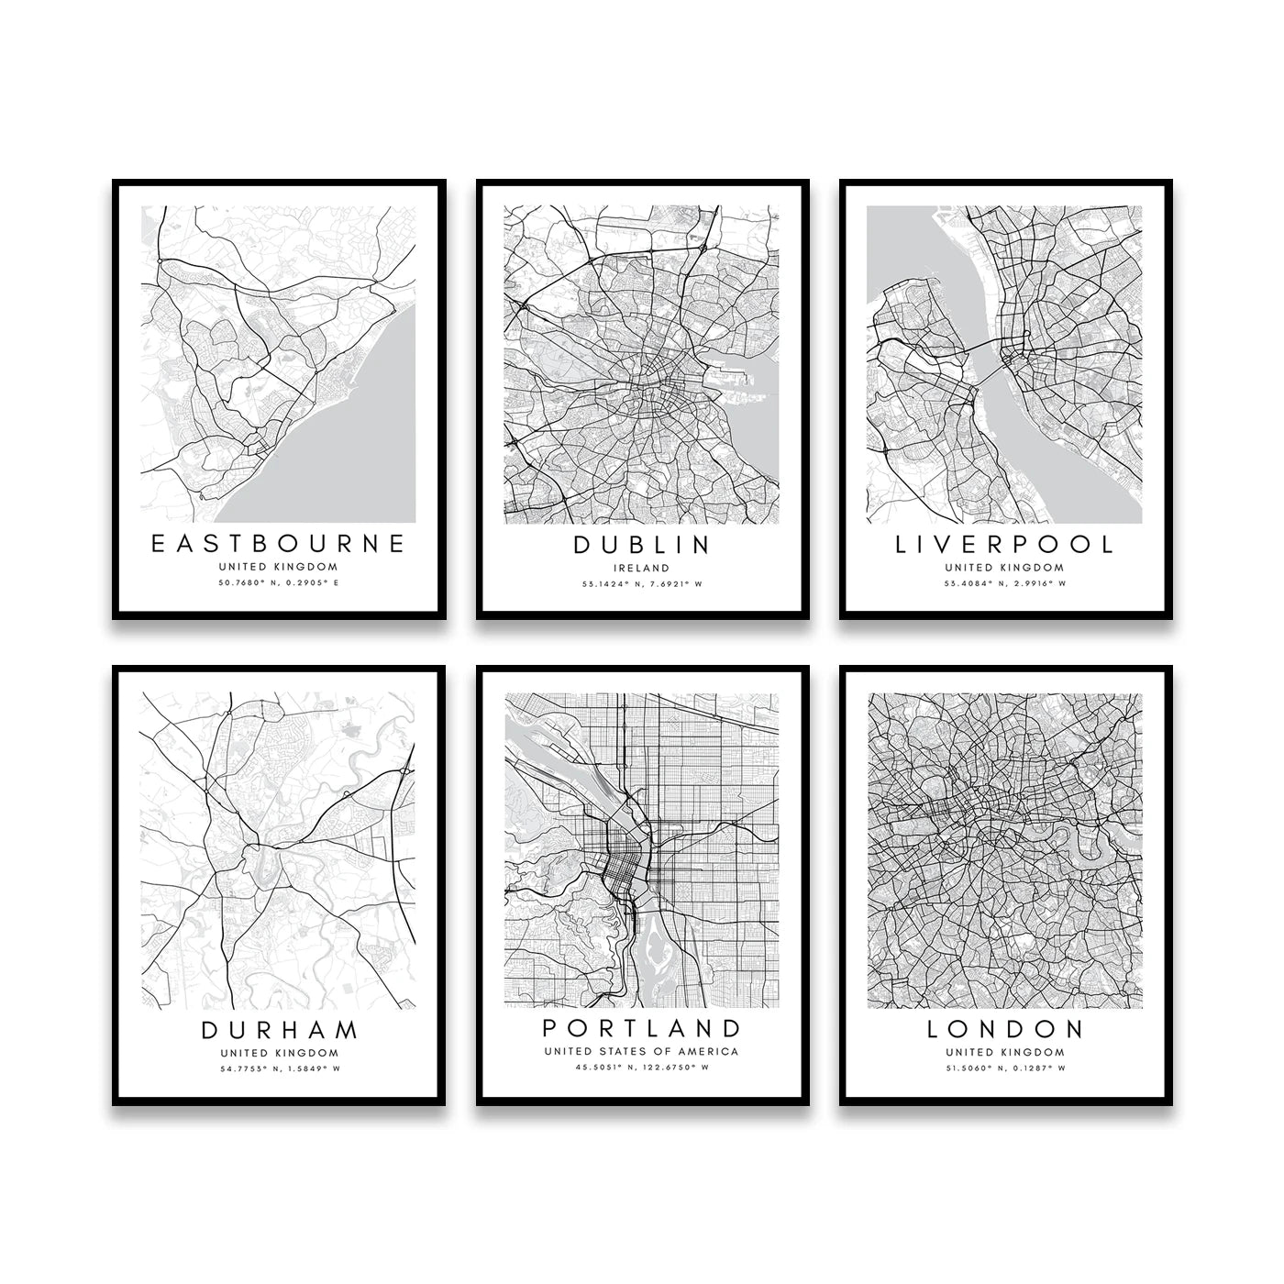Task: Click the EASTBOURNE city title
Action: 278,544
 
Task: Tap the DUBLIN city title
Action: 642,545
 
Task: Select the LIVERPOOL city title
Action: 1004,544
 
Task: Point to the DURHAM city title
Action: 279,1030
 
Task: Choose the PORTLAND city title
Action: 642,1027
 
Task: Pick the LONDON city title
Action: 1005,1029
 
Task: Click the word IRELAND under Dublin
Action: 642,568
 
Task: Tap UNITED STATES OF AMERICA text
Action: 641,1051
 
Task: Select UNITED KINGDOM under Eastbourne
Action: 278,567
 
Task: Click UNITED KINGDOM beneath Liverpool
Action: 1004,567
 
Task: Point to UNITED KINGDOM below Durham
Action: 279,1053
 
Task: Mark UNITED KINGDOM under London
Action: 1005,1052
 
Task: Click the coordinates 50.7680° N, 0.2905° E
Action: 278,582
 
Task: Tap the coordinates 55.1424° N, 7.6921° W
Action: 642,583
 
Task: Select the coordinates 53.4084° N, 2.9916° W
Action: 1004,582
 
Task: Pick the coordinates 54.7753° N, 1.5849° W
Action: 279,1068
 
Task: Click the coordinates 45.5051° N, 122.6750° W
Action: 642,1067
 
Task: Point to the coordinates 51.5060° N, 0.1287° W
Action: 1005,1068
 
